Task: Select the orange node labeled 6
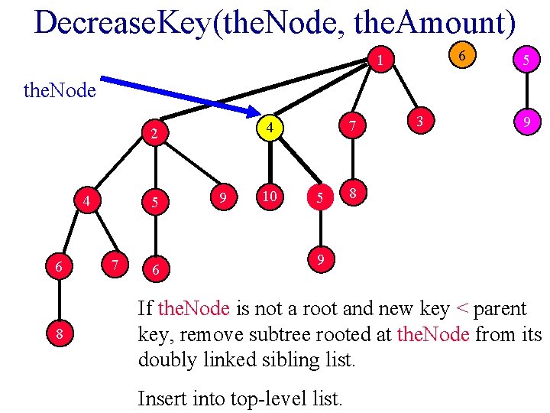pos(461,54)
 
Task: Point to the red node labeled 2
pos(154,135)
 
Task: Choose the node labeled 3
pos(419,120)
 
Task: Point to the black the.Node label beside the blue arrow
pos(60,91)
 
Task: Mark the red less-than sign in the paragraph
pos(461,310)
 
